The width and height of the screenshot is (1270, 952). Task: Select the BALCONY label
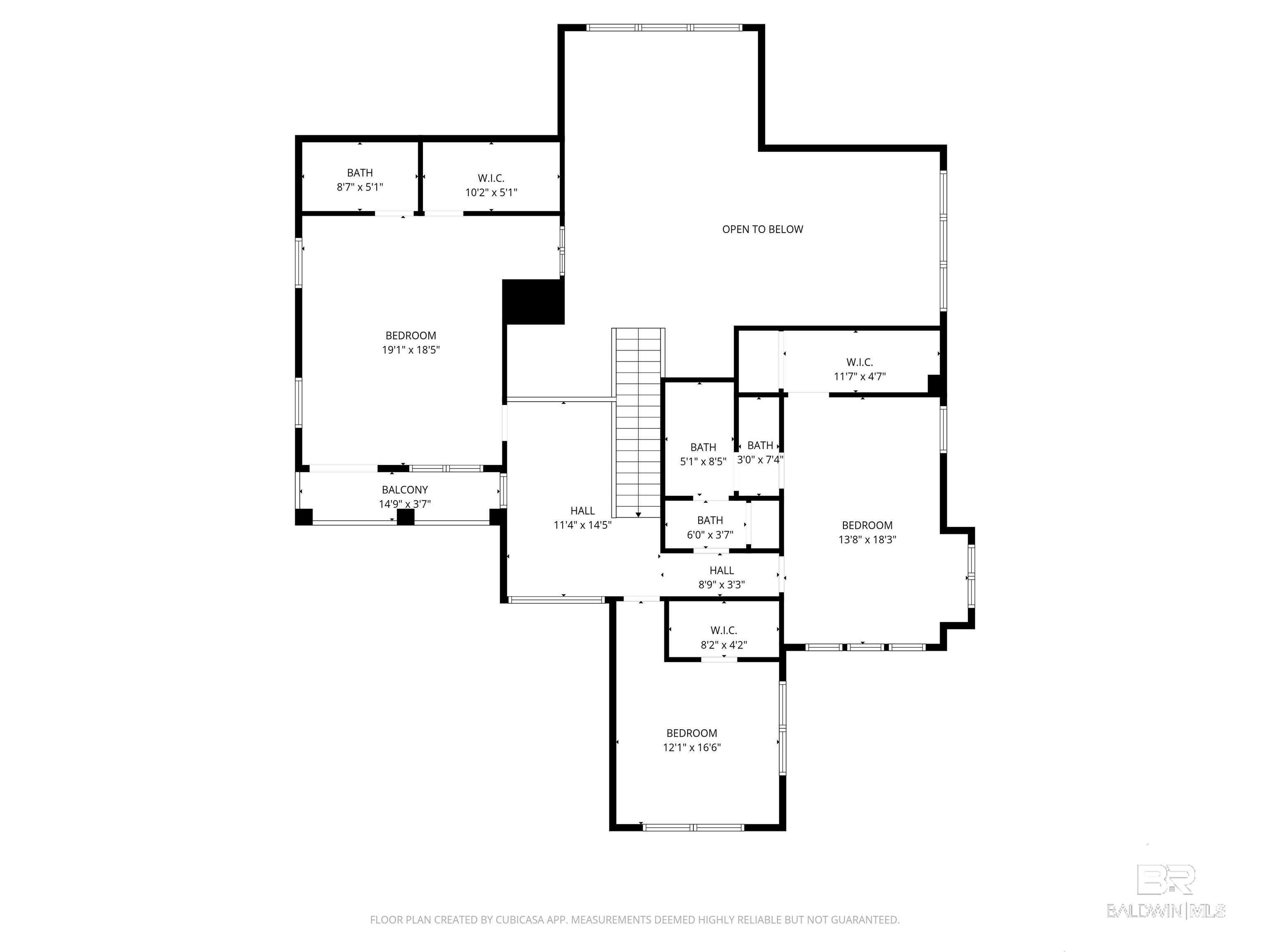pyautogui.click(x=405, y=490)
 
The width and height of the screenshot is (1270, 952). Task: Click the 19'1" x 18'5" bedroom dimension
pyautogui.click(x=411, y=350)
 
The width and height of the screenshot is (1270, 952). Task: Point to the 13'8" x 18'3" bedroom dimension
pyautogui.click(x=867, y=539)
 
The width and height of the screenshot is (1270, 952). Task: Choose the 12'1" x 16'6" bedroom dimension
pyautogui.click(x=692, y=747)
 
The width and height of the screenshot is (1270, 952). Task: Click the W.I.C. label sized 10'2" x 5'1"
pyautogui.click(x=491, y=178)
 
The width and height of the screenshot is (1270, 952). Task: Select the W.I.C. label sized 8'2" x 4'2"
pyautogui.click(x=723, y=631)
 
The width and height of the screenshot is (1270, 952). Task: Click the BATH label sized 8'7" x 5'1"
pyautogui.click(x=360, y=173)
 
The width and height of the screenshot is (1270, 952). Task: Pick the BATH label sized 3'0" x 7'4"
pyautogui.click(x=760, y=445)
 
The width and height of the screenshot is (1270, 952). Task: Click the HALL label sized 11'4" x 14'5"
pyautogui.click(x=583, y=511)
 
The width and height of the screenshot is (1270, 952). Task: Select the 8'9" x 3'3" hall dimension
pyautogui.click(x=722, y=585)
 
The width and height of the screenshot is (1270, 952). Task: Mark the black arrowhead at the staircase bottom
pyautogui.click(x=638, y=515)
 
